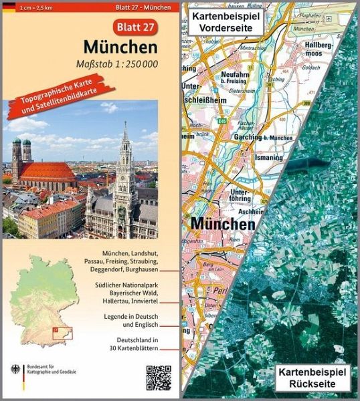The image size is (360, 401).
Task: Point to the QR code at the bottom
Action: pos(155,376)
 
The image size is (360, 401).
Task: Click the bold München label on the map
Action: pos(223,223)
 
